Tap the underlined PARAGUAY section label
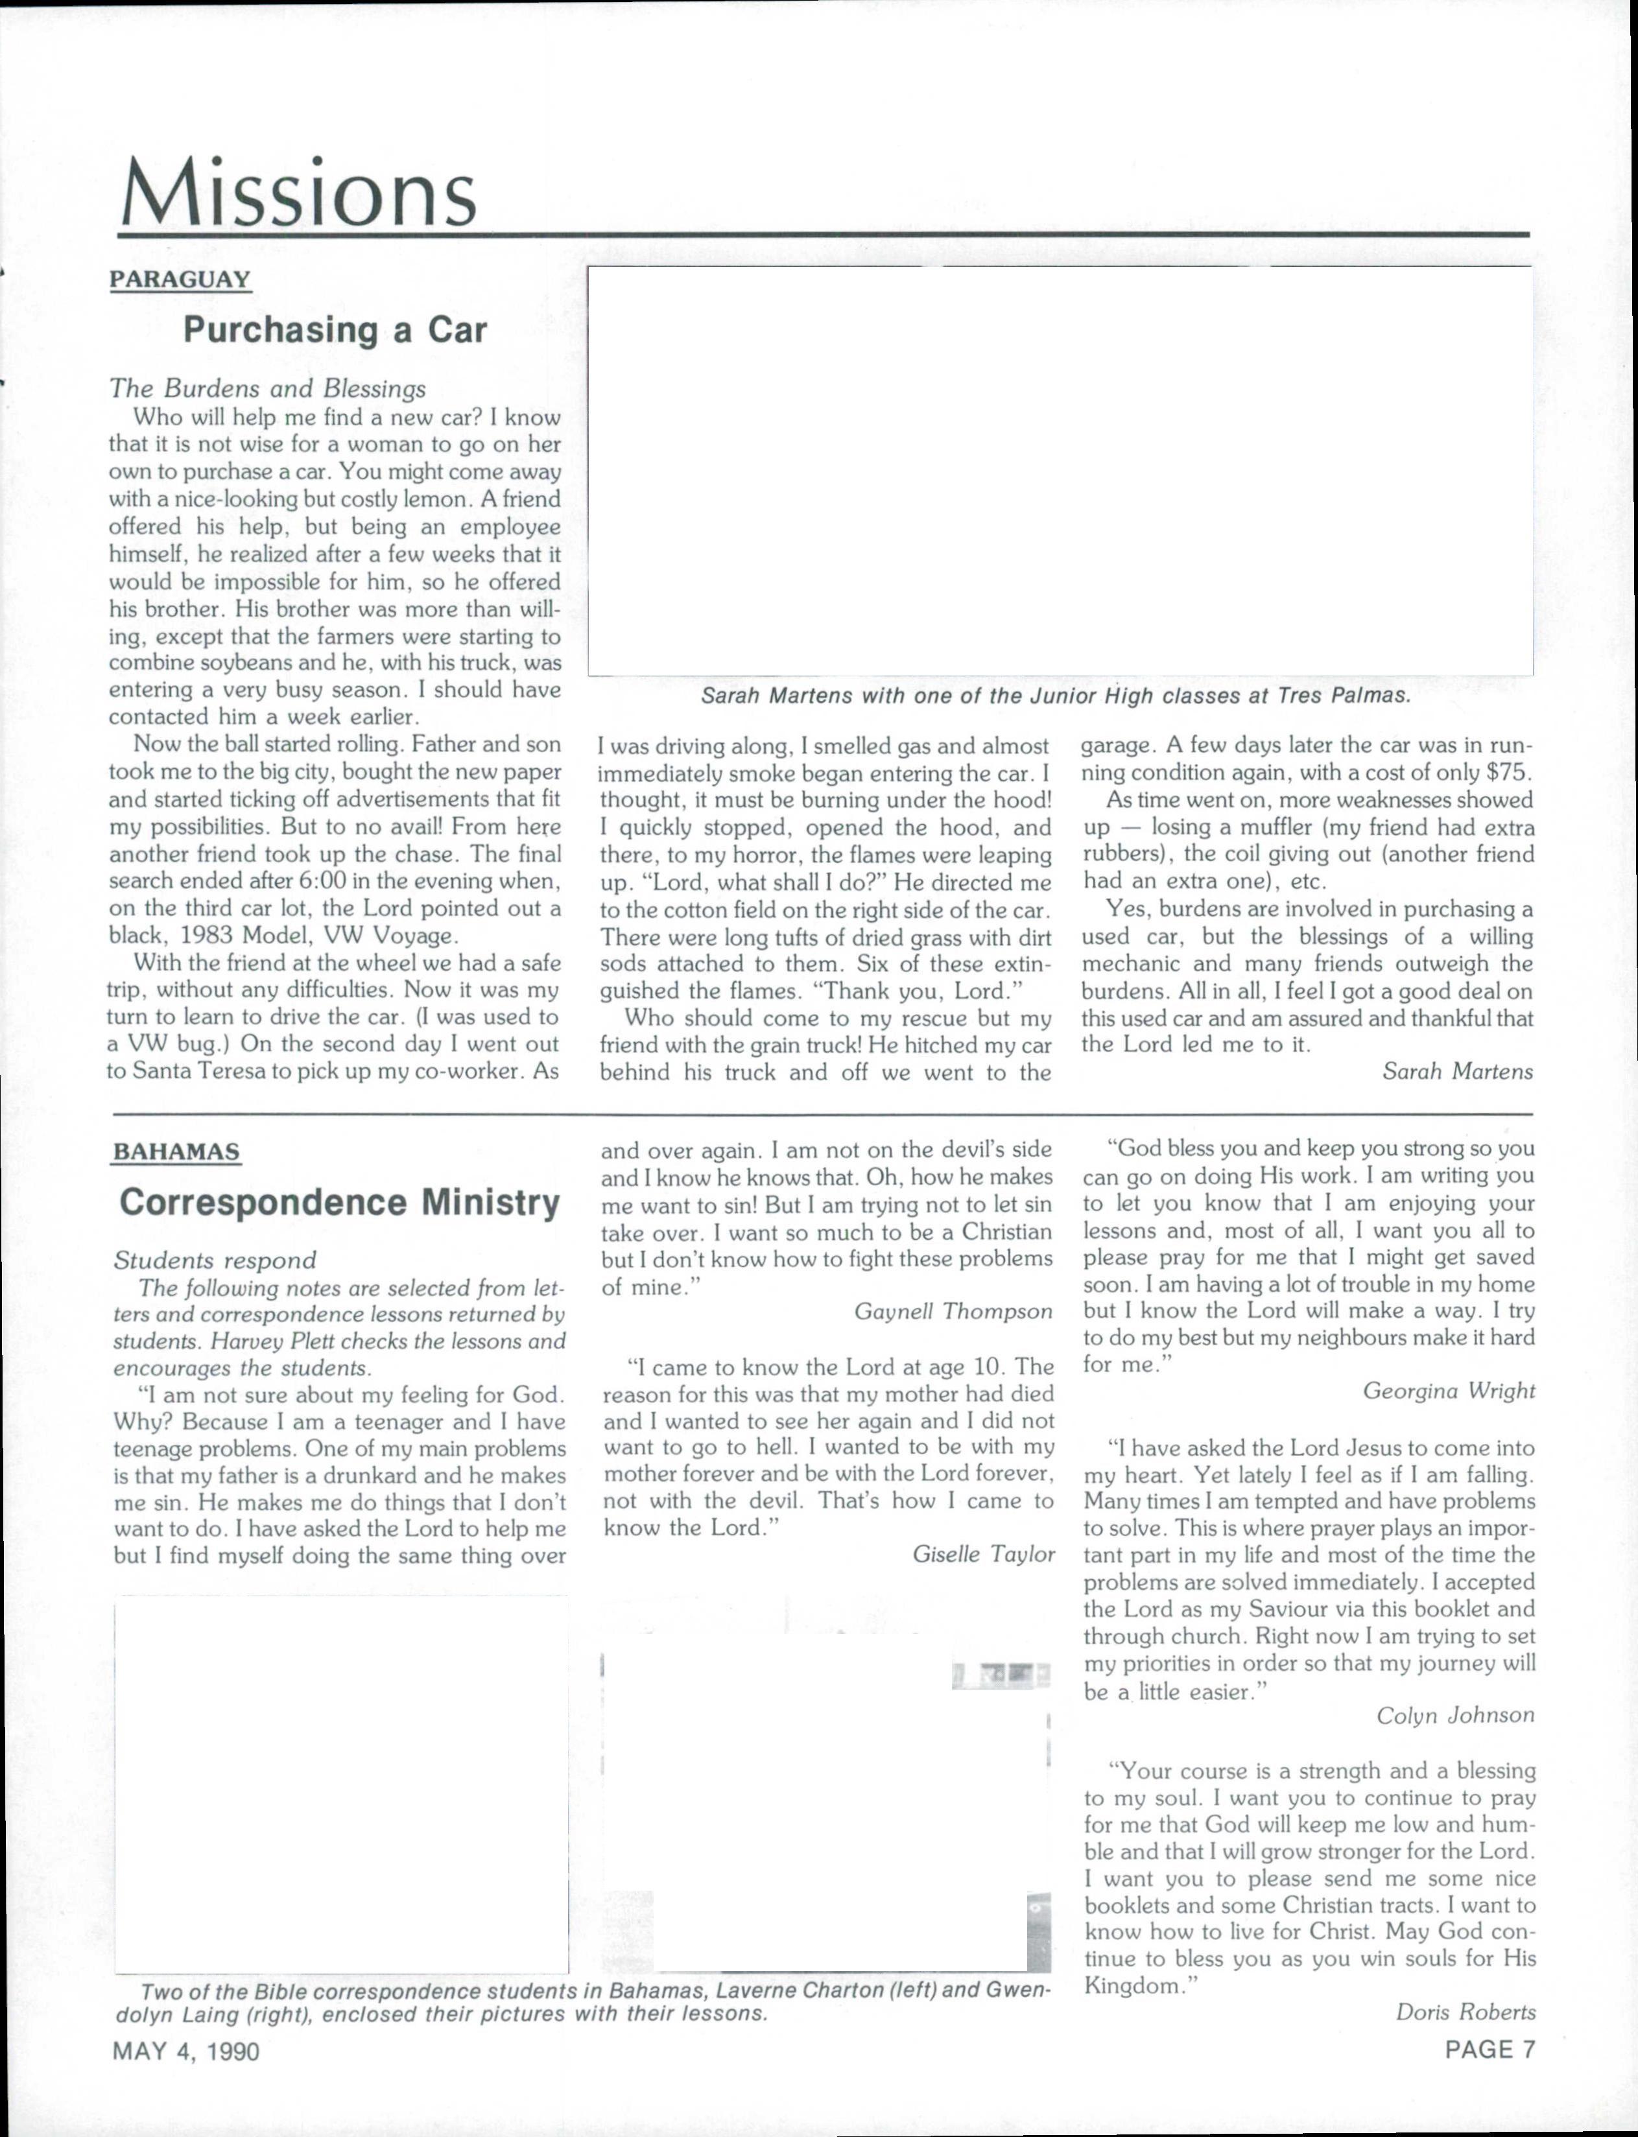[180, 280]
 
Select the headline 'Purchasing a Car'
[335, 331]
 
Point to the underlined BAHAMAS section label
[176, 1151]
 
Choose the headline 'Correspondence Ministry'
[339, 1202]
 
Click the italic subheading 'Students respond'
[215, 1260]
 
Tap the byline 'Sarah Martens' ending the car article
[1456, 1072]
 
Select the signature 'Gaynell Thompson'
[953, 1311]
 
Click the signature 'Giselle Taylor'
[983, 1554]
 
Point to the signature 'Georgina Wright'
[1448, 1391]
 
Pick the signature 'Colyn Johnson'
[1454, 1715]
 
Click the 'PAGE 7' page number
[1489, 2049]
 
